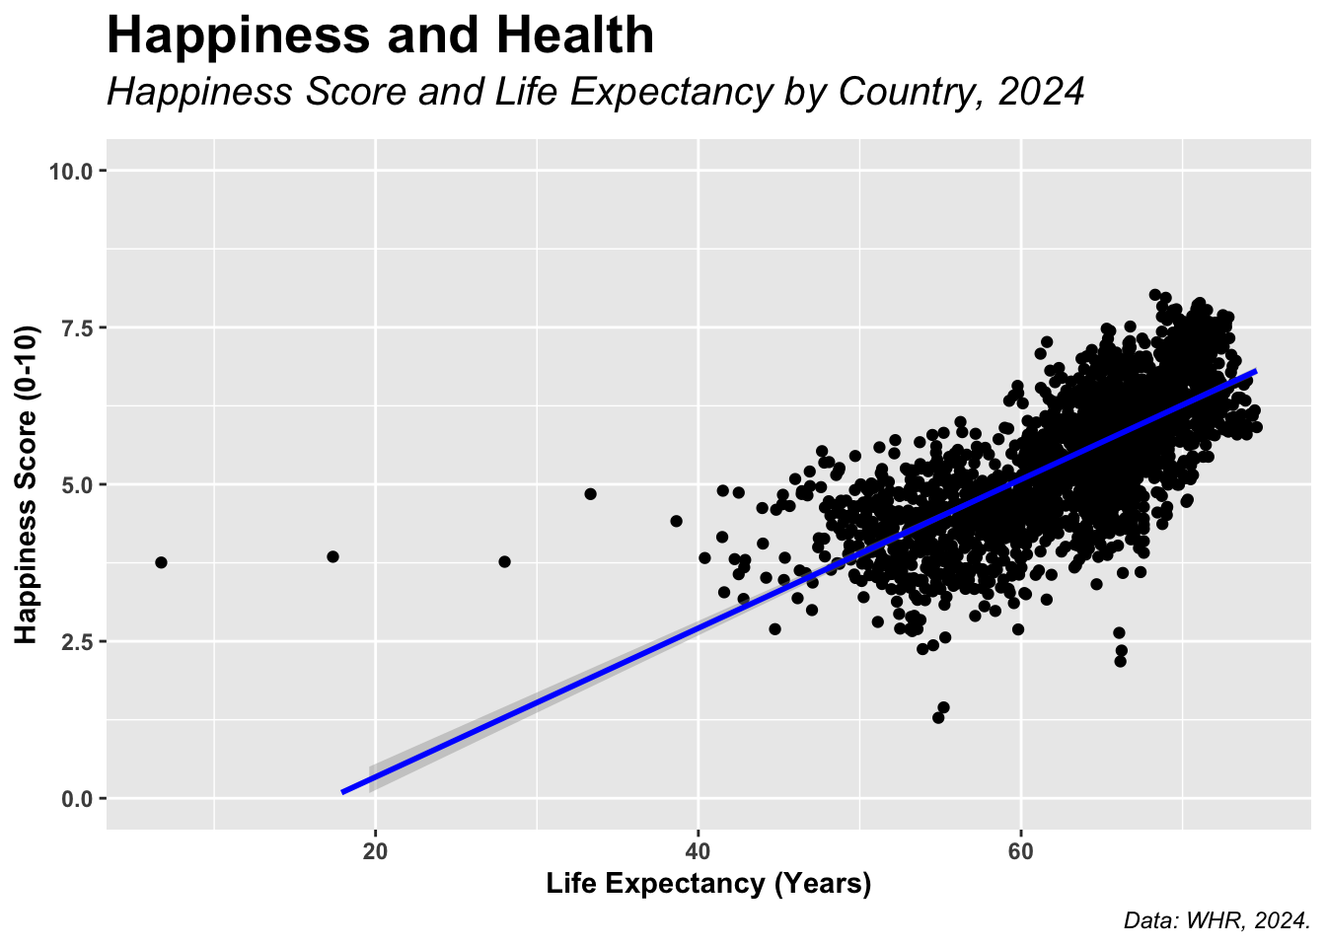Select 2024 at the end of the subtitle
tap(1041, 92)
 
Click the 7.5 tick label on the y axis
tap(75, 328)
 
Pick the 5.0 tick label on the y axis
tap(75, 484)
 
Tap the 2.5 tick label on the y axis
tap(75, 641)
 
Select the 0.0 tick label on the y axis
tap(75, 798)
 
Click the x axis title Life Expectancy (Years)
tap(708, 884)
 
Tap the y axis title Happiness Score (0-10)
tap(27, 483)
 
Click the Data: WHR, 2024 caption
tap(1215, 921)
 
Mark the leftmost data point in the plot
tap(161, 562)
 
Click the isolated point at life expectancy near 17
tap(332, 556)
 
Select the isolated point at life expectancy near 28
tap(504, 561)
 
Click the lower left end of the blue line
tap(343, 791)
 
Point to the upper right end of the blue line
tap(1254, 371)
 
